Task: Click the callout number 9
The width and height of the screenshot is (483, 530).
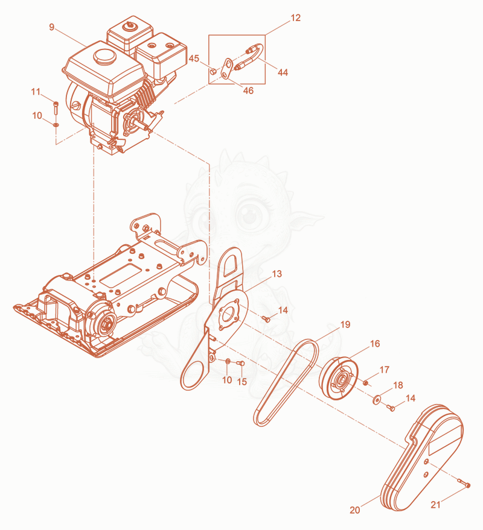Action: click(x=52, y=27)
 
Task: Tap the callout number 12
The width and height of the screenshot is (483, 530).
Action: click(x=295, y=18)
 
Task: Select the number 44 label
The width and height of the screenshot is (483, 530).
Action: click(x=283, y=72)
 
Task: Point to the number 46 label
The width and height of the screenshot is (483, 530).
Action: click(x=248, y=90)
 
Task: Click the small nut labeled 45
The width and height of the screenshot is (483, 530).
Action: click(x=213, y=71)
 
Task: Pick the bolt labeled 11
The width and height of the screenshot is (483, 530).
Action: click(x=56, y=108)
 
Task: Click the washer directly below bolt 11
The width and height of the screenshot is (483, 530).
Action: click(x=56, y=125)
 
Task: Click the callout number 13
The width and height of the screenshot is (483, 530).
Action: click(x=277, y=274)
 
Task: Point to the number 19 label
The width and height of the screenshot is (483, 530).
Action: click(x=345, y=324)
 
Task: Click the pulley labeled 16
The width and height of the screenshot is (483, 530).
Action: click(x=339, y=378)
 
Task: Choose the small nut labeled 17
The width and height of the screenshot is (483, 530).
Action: click(x=365, y=383)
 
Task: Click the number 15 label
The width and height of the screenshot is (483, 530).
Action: click(x=242, y=382)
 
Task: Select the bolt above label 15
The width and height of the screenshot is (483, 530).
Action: click(x=240, y=364)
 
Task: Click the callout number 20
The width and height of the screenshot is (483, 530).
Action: click(x=355, y=510)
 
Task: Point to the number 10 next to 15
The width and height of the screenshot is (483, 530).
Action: click(x=227, y=380)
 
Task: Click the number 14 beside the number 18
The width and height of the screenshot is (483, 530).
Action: click(x=410, y=398)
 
